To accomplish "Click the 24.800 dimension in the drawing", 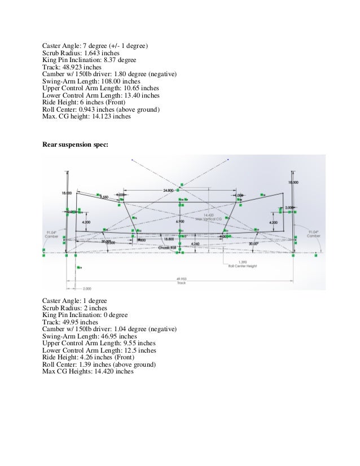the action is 168,191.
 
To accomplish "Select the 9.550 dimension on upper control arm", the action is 103,197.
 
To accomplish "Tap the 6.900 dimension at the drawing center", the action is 180,222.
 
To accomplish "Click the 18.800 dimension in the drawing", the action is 169,239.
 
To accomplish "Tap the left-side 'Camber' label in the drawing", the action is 52,235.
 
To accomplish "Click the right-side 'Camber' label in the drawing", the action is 314,235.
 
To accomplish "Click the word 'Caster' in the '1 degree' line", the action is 53,301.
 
